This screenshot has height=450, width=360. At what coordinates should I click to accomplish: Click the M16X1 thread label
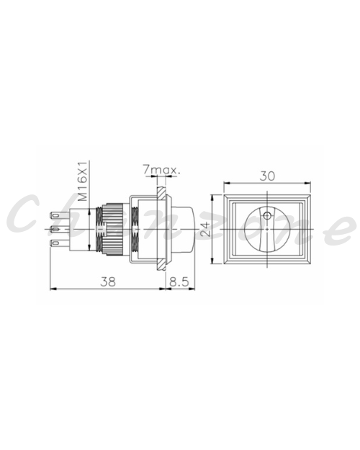coord(83,181)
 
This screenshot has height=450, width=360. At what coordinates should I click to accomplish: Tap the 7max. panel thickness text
coord(161,170)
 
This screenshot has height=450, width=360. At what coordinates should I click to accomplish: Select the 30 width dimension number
coord(267,176)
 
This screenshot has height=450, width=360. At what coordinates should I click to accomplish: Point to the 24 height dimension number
coord(205,229)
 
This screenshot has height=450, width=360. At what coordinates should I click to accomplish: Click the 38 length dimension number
coord(108,282)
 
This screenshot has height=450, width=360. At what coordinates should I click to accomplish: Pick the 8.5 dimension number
coord(179,282)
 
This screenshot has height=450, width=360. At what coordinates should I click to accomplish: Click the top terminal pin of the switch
coord(60,215)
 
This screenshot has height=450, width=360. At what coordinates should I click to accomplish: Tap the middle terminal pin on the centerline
coord(60,229)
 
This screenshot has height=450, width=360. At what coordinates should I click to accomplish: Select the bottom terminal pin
coord(60,243)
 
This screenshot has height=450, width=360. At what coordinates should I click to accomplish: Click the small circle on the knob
coord(268,215)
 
